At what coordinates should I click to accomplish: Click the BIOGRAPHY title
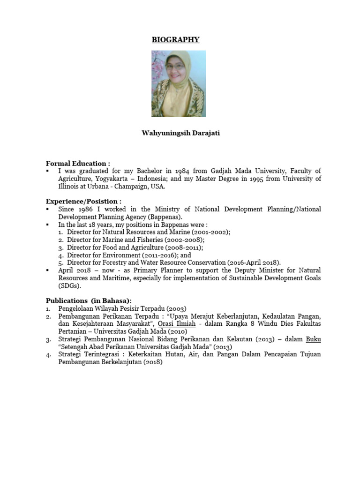pyautogui.click(x=175, y=40)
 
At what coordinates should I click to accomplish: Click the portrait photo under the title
pyautogui.click(x=179, y=83)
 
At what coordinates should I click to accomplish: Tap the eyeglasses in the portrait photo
pyautogui.click(x=175, y=67)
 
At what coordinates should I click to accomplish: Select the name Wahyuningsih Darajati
pyautogui.click(x=180, y=133)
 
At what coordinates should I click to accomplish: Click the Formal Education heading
pyautogui.click(x=78, y=164)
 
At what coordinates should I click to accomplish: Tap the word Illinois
pyautogui.click(x=69, y=186)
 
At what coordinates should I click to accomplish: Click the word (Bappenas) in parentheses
pyautogui.click(x=165, y=217)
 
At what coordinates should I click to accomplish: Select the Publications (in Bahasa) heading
pyautogui.click(x=89, y=300)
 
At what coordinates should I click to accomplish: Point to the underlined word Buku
pyautogui.click(x=313, y=339)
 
